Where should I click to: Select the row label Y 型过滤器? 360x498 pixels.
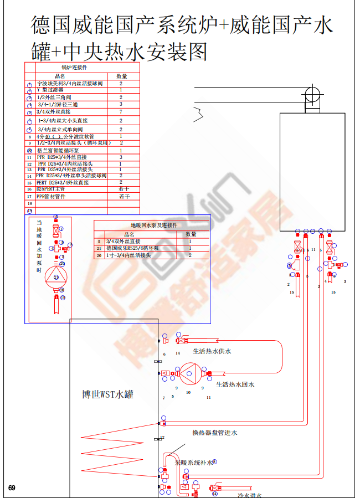[x=50, y=90]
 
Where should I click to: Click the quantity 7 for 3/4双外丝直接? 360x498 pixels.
[x=121, y=112]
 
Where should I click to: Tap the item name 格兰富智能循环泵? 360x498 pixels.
[x=58, y=150]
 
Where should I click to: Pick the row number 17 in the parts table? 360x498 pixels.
[x=30, y=196]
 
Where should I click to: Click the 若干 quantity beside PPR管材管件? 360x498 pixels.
[x=124, y=196]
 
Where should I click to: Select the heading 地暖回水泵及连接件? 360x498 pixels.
[x=154, y=225]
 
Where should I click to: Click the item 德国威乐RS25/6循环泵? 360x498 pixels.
[x=132, y=249]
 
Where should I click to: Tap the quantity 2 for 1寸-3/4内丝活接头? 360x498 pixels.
[x=190, y=255]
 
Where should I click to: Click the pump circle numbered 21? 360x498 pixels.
[x=55, y=276]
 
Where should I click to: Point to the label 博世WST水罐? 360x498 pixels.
[x=107, y=395]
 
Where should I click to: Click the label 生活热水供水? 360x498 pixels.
[x=212, y=351]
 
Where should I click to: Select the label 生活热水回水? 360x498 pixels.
[x=235, y=384]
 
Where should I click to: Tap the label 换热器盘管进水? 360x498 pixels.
[x=214, y=433]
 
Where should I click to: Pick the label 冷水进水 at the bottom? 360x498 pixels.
[x=249, y=495]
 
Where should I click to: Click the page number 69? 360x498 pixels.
[x=12, y=488]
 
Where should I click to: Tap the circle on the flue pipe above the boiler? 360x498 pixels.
[x=312, y=92]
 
